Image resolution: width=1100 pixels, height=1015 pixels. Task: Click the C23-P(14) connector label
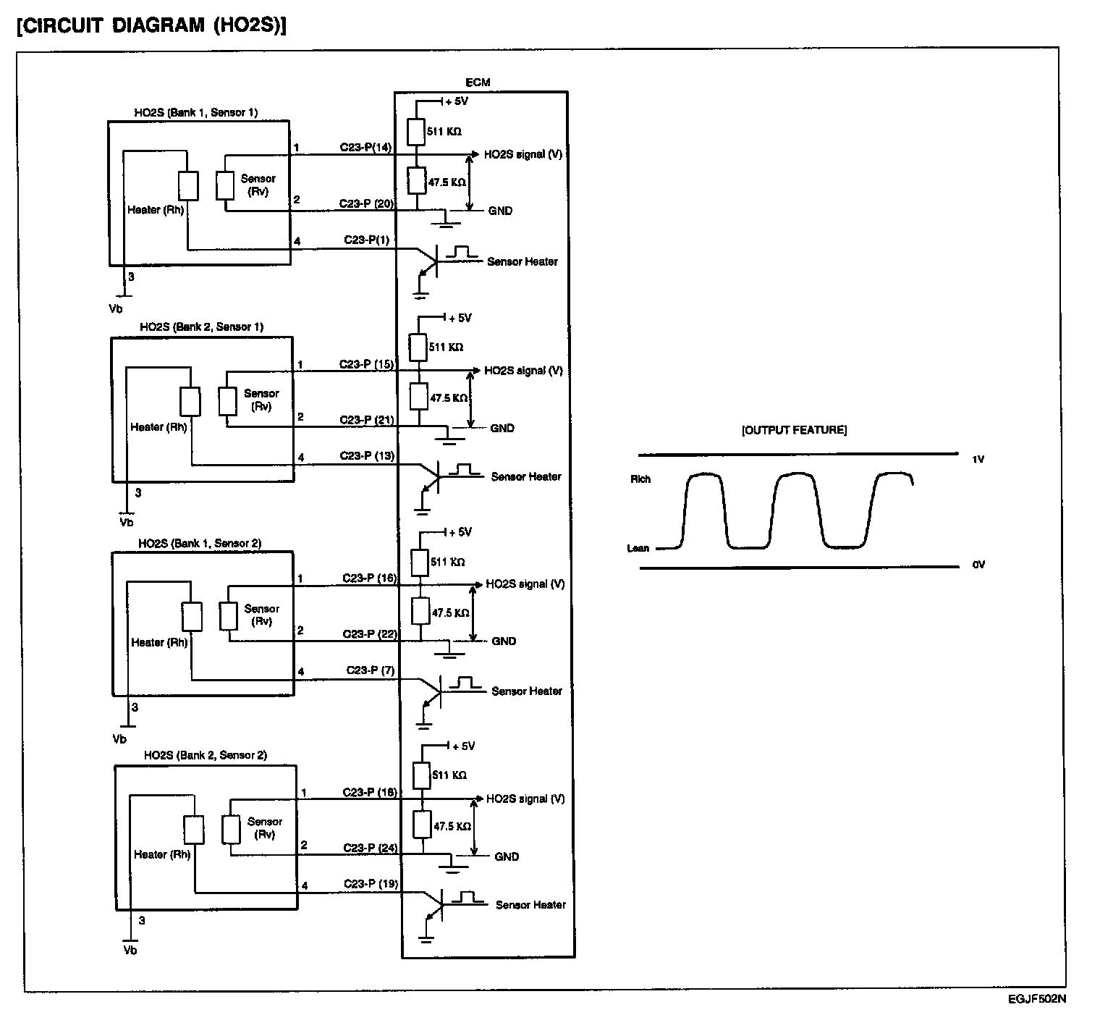click(x=365, y=147)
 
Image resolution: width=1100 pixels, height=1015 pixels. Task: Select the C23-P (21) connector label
click(x=367, y=420)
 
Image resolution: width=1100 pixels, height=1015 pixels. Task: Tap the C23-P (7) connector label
click(x=370, y=670)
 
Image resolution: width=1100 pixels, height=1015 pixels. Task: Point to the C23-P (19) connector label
click(x=371, y=884)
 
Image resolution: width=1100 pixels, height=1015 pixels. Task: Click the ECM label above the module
click(x=478, y=83)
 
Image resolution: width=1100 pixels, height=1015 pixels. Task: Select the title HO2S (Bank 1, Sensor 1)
click(x=195, y=112)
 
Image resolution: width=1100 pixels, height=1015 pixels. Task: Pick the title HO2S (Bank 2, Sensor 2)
click(x=205, y=755)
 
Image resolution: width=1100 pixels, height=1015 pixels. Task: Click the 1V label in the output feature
click(x=978, y=459)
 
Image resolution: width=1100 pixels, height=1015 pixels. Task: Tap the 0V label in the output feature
click(x=978, y=565)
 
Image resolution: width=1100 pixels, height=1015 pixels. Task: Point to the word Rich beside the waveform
click(x=640, y=479)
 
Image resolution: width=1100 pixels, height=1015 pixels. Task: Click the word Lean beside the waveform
click(x=638, y=548)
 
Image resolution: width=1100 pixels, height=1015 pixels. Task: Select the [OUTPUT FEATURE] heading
click(x=794, y=430)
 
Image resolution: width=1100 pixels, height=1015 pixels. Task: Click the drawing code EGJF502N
click(x=1036, y=999)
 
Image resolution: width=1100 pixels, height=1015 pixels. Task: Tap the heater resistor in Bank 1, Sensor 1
click(x=188, y=185)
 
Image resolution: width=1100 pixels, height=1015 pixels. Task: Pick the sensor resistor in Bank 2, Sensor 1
click(x=227, y=402)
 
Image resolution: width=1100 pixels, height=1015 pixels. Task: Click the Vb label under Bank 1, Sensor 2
click(x=119, y=739)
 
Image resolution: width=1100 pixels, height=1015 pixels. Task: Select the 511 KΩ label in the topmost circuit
click(x=444, y=132)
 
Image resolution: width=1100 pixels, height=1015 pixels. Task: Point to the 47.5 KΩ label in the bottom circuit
click(x=452, y=826)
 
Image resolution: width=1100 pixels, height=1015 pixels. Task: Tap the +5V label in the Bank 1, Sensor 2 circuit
click(x=460, y=533)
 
